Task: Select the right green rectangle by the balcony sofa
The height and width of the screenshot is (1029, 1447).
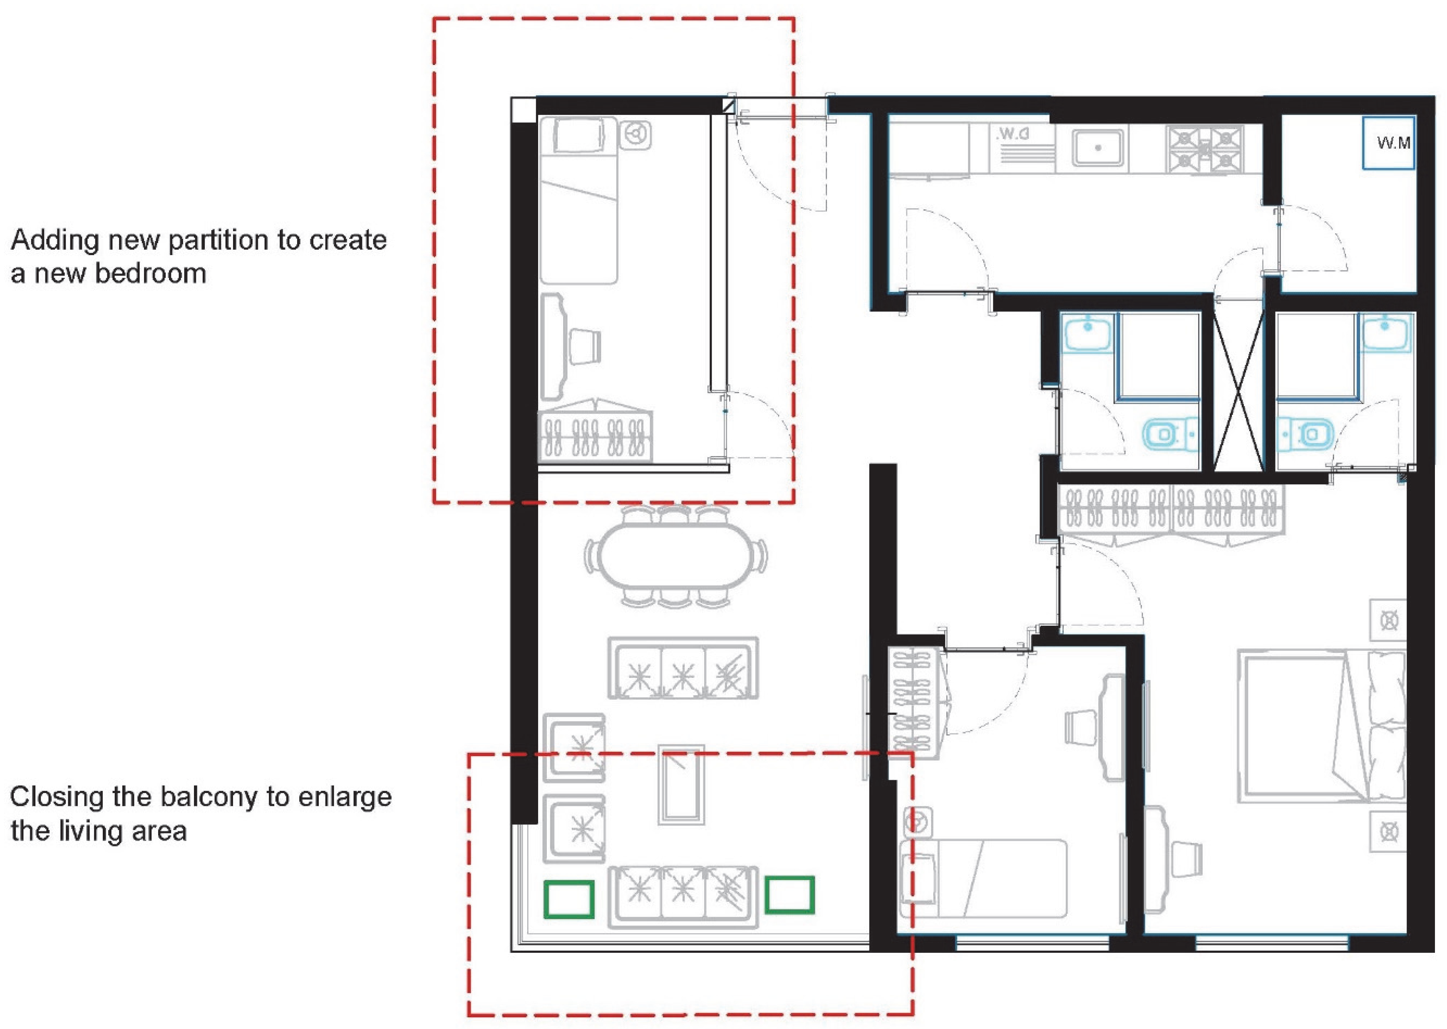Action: coord(789,895)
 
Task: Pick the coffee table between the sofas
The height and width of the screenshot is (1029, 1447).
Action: coord(681,784)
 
